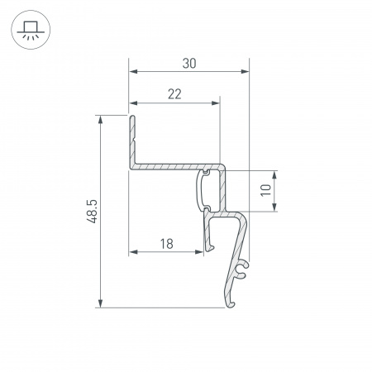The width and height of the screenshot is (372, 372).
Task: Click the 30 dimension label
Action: click(x=189, y=64)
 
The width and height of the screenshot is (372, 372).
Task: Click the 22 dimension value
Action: click(x=174, y=93)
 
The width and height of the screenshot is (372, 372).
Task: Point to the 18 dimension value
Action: click(x=166, y=243)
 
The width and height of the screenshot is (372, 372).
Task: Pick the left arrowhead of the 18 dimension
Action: click(x=133, y=251)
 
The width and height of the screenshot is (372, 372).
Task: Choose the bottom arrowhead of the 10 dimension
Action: click(x=274, y=208)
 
